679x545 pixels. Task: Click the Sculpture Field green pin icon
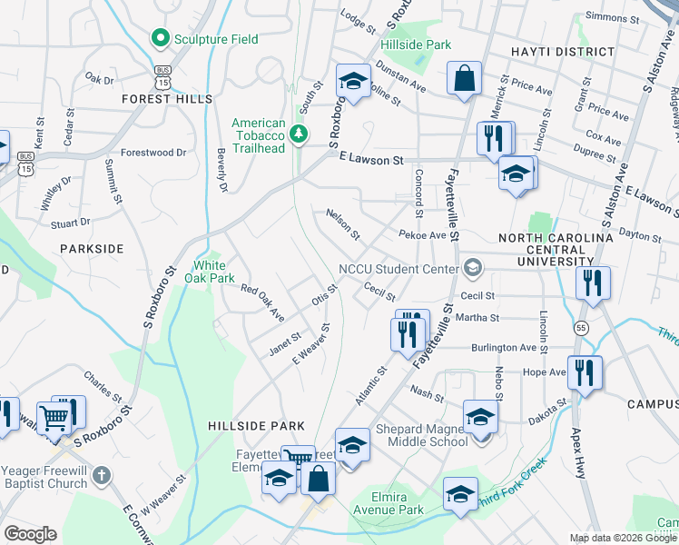coord(161,39)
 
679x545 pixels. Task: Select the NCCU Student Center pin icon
coord(471,268)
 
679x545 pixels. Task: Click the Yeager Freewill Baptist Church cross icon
coord(102,475)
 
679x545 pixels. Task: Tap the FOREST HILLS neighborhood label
coord(171,98)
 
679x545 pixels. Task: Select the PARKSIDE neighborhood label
coord(91,248)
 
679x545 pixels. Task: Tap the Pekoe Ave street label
coord(422,234)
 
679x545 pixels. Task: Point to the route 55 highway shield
coord(580,327)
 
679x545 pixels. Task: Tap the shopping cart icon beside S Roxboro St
coord(55,417)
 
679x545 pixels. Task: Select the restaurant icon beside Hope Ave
coord(585,373)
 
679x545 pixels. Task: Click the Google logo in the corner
coord(30,534)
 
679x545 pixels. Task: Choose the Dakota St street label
coord(549,402)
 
